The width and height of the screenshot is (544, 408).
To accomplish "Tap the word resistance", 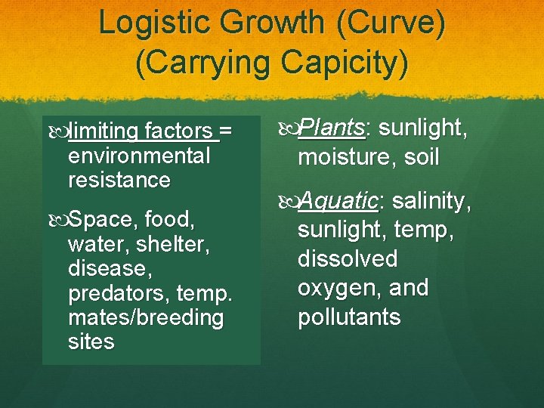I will pyautogui.click(x=119, y=181).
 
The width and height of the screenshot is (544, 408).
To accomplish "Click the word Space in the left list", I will pyautogui.click(x=102, y=221).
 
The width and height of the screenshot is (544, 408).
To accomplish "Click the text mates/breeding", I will pyautogui.click(x=146, y=317).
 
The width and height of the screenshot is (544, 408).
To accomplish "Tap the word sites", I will pyautogui.click(x=91, y=342).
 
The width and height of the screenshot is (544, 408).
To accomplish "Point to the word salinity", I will pyautogui.click(x=432, y=201).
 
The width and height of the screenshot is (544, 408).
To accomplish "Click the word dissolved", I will pyautogui.click(x=347, y=258).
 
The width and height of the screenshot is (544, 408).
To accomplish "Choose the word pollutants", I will pyautogui.click(x=349, y=316).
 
